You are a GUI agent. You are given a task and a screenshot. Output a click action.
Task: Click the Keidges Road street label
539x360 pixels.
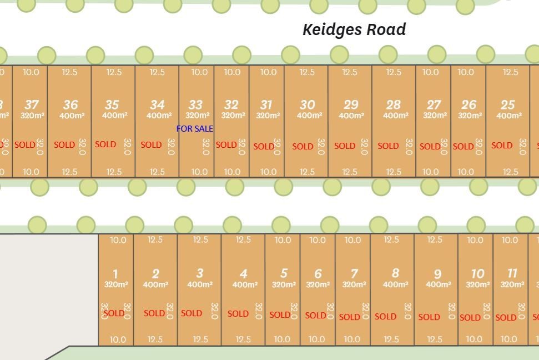(354, 29)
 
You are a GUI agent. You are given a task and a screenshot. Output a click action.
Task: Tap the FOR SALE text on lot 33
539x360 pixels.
(195, 128)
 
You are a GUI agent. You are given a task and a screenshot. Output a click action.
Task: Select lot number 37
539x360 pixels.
(32, 104)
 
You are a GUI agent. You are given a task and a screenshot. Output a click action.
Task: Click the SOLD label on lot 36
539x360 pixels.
(64, 144)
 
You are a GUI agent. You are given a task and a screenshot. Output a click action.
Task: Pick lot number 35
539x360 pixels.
(112, 104)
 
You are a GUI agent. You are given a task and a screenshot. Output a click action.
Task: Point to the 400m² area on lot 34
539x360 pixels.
(159, 116)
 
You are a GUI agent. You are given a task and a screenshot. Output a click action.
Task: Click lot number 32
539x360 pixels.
(231, 104)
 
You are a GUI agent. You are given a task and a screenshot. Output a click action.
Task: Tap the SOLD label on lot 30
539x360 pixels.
(303, 146)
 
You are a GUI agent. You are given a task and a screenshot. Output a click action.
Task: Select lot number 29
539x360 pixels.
(351, 104)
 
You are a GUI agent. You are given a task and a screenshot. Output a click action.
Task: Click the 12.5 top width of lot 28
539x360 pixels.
(394, 72)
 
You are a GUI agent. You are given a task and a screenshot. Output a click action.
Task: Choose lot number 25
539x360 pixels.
(507, 104)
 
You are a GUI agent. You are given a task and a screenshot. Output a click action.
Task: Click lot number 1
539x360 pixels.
(115, 273)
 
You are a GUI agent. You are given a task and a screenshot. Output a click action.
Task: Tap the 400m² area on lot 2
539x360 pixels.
(155, 284)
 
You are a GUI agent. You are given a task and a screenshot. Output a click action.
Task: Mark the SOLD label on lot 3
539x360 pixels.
(192, 313)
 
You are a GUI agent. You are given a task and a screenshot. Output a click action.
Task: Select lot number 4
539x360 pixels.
(243, 273)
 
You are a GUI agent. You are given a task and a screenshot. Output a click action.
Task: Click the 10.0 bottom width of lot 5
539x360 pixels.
(282, 339)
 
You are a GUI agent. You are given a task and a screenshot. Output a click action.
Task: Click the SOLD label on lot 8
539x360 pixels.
(385, 317)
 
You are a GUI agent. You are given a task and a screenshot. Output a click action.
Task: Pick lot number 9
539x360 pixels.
(437, 274)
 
